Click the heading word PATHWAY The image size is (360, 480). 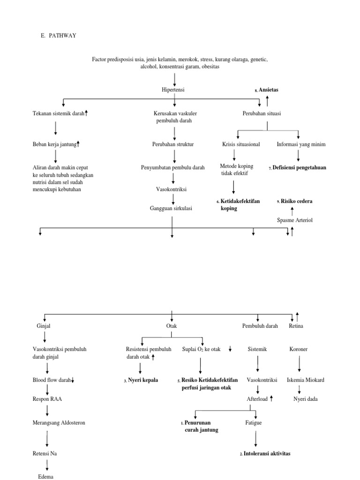coord(60,36)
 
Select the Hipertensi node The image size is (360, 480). coord(173,90)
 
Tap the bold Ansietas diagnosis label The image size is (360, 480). coord(269,90)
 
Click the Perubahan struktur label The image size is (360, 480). coord(173,144)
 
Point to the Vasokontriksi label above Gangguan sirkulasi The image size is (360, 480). coord(171,189)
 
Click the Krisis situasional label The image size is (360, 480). coord(241,144)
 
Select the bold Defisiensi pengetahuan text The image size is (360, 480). coord(300,167)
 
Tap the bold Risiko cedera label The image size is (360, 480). coord(296,201)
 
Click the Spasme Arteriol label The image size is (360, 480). coord(295,220)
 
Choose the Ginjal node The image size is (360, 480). coord(44,326)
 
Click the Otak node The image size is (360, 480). coord(172,326)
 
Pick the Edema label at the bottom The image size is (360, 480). coord(46,476)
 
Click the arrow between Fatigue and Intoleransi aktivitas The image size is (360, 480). coord(256,438)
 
